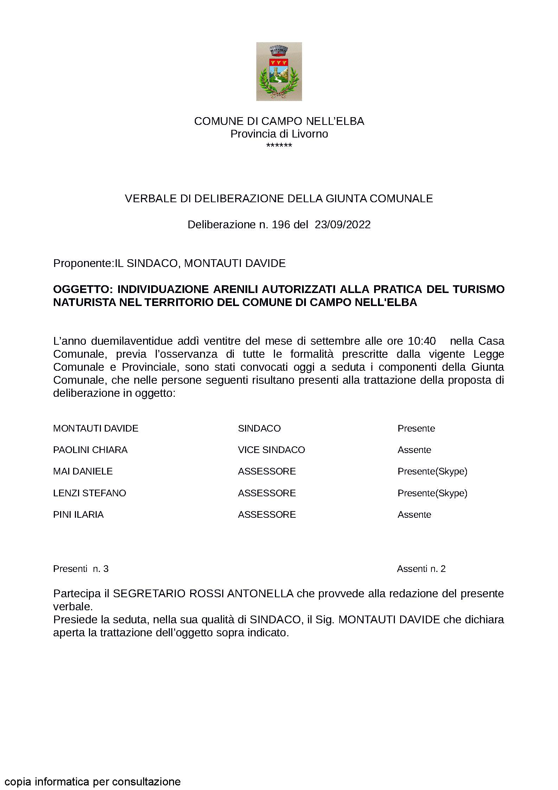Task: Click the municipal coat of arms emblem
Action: coord(279,71)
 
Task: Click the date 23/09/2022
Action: coord(342,225)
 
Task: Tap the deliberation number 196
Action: coord(281,225)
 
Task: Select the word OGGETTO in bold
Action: coord(82,289)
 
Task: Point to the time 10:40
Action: coord(422,341)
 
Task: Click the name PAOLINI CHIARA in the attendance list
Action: coord(90,450)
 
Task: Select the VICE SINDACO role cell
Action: coord(271,450)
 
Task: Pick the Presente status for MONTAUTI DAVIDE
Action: coord(416,428)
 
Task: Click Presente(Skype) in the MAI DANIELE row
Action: coord(432,471)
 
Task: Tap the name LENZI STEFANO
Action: coord(89,493)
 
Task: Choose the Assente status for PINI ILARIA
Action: coord(414,515)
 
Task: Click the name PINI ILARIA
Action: coord(78,515)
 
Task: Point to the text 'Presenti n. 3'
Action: coord(81,569)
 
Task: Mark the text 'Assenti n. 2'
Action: coord(421,569)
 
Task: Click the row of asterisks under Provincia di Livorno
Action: coord(279,145)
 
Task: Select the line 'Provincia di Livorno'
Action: coord(279,134)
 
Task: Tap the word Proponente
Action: coord(82,263)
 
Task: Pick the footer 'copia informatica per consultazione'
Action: coord(93,772)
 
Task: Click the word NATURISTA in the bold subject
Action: coord(84,302)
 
